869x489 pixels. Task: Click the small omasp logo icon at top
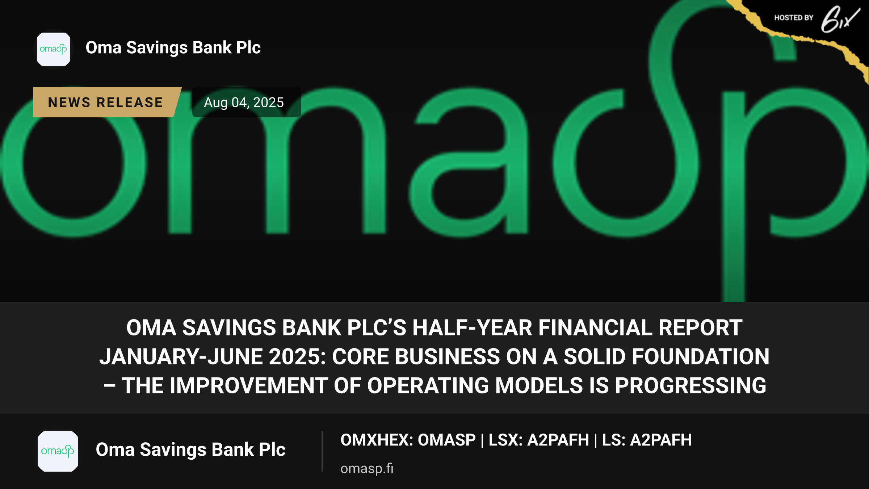click(54, 49)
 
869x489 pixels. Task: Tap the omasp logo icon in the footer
click(58, 451)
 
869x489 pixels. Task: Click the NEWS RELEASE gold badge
click(107, 102)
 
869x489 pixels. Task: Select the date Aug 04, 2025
click(244, 103)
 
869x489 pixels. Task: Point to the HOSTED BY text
click(794, 18)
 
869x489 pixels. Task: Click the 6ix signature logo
click(840, 20)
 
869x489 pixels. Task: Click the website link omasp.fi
click(367, 468)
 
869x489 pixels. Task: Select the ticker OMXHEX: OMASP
click(408, 440)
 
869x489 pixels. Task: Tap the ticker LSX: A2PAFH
click(539, 440)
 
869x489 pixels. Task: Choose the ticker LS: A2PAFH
click(647, 440)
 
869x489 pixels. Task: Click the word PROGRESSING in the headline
click(690, 385)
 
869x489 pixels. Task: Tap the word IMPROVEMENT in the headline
click(249, 385)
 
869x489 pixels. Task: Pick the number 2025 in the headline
click(297, 357)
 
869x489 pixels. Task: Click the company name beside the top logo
click(173, 47)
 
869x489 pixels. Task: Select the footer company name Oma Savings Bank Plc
click(190, 450)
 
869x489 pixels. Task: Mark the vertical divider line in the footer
click(322, 451)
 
